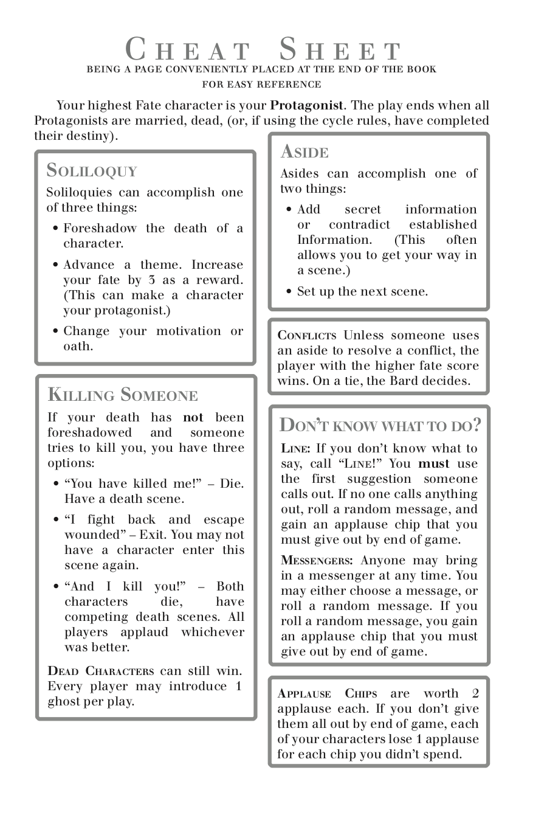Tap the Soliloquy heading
92,171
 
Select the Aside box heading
304,152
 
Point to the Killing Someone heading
123,395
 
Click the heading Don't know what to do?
380,425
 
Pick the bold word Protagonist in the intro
307,105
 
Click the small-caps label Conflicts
307,336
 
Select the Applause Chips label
327,694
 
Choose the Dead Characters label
101,671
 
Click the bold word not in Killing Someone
193,418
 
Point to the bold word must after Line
433,463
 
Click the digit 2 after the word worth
475,694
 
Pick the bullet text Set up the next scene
362,291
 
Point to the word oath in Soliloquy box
78,347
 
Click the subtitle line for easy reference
262,85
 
